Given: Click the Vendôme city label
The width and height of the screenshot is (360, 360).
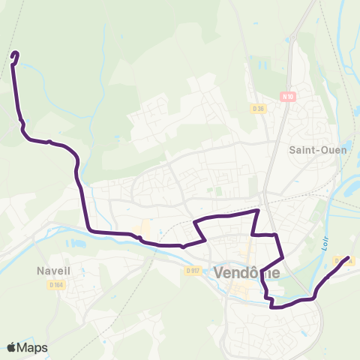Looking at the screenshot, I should point(247,274).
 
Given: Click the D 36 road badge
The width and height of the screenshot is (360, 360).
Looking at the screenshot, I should point(259,109).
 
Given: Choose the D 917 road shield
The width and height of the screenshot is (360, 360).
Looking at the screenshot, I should point(192,271).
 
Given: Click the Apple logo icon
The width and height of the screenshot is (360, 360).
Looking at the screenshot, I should point(11,347).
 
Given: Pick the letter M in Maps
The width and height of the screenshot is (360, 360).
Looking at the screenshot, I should point(24,347).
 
